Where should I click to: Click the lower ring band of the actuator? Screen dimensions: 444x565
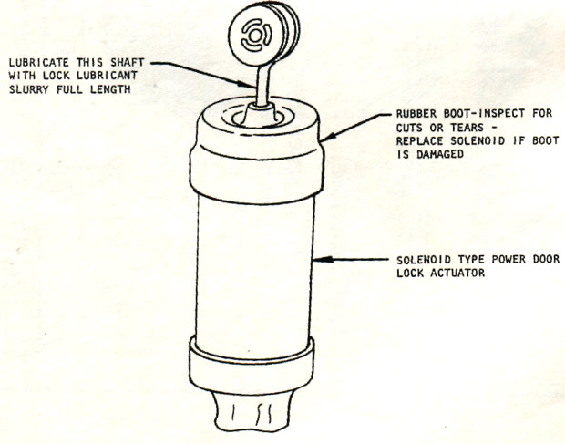click(x=252, y=365)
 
